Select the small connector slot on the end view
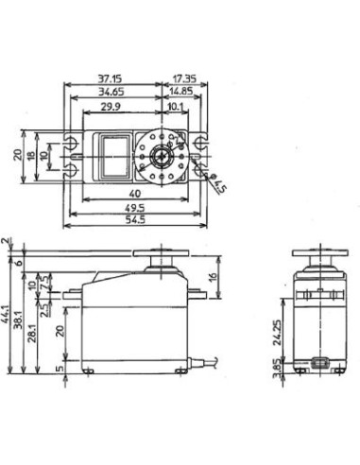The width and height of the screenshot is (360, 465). pos(319,363)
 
